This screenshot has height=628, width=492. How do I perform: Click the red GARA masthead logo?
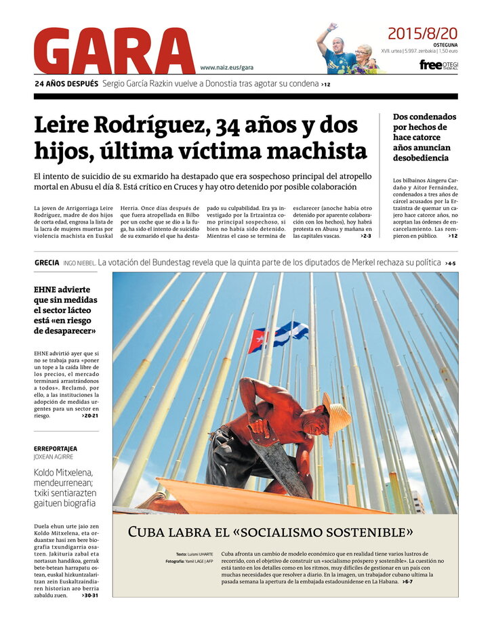pos(114,51)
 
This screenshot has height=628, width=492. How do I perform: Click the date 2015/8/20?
pos(422,33)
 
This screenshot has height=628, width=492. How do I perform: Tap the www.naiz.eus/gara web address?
pos(226,68)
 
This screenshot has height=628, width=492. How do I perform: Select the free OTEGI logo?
pos(438,65)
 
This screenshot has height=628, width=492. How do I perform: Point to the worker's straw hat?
pos(336,416)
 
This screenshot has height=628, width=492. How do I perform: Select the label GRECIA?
pos(47,263)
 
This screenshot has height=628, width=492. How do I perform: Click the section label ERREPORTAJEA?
pos(55,448)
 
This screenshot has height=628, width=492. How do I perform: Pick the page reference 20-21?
pos(89,416)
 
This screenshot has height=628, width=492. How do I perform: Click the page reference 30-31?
pos(89,595)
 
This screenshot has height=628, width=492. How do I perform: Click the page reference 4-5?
pos(451,263)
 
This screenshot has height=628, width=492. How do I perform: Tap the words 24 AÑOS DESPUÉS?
pos(66,84)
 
